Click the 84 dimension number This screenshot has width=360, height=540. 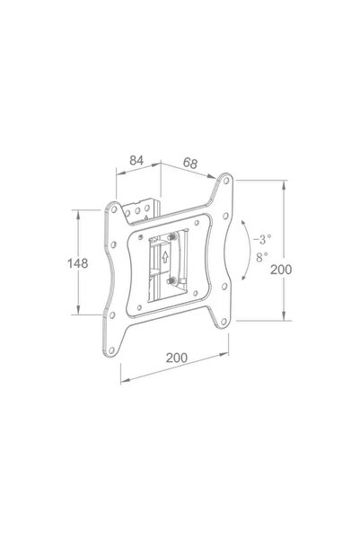point(137,160)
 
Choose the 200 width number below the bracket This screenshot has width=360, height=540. point(178,358)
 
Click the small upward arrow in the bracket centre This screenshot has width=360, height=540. point(165,255)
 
